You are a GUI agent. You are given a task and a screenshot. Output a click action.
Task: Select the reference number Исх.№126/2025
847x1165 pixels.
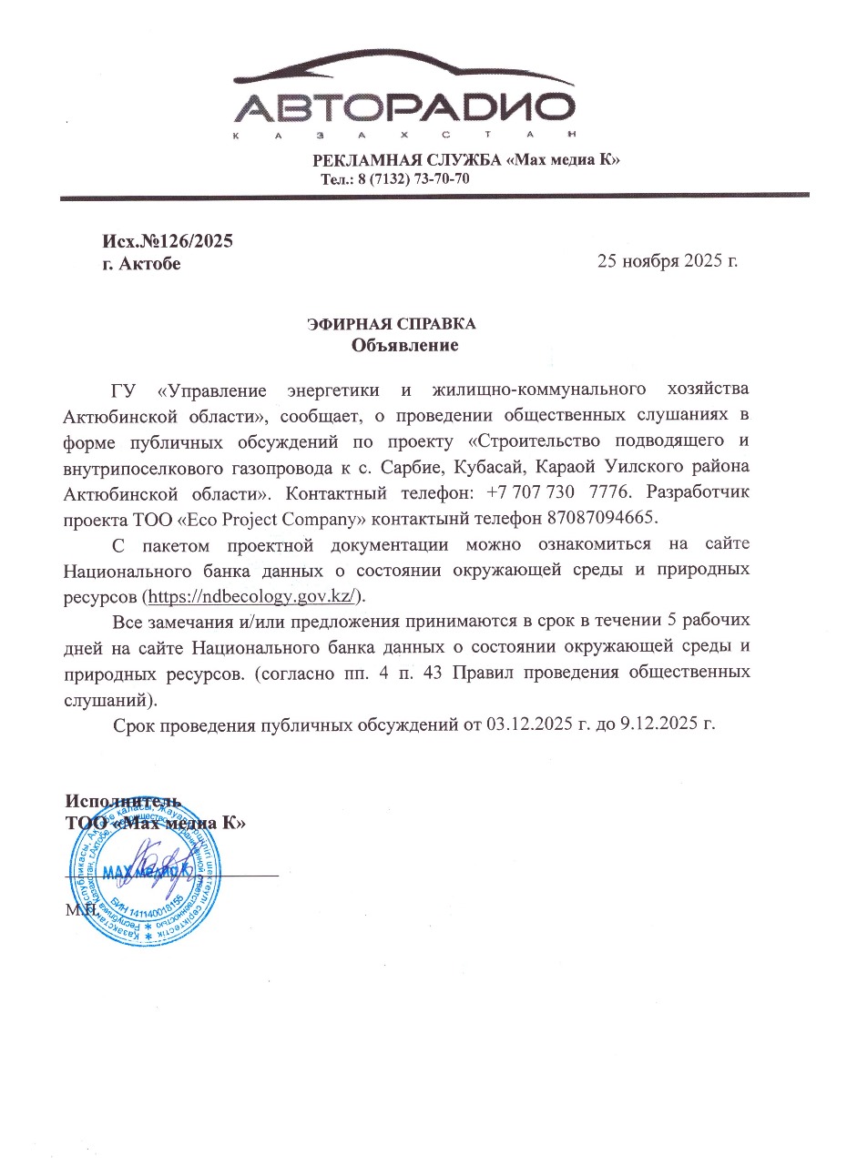coord(168,241)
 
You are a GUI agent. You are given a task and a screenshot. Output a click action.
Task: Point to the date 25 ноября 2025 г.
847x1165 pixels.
coord(667,261)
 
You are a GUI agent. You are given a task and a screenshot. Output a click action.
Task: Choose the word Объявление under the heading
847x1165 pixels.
coord(404,346)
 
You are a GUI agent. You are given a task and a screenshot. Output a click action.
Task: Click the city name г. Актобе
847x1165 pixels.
coord(140,264)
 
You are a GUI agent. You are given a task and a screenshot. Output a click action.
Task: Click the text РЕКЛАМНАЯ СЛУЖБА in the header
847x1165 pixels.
coord(407,160)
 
